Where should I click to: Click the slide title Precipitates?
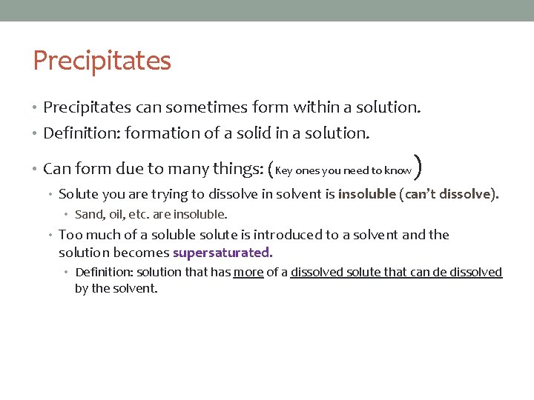[102, 60]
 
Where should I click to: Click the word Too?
[70, 235]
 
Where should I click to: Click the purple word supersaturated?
[222, 253]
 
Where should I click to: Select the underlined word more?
[248, 273]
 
